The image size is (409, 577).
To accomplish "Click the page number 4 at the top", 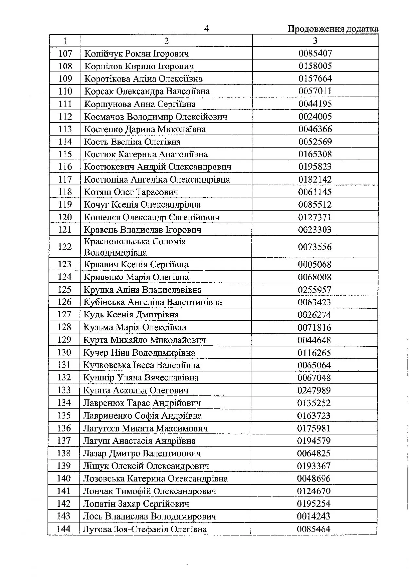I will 206,29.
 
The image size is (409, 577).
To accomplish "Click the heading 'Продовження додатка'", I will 333,29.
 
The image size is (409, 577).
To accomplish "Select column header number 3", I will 315,41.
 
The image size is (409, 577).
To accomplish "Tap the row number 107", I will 65,53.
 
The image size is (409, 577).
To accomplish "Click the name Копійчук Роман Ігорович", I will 136,53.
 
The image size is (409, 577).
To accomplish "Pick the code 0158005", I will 315,66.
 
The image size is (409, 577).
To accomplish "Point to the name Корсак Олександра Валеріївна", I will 147,91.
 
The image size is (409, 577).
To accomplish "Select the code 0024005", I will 315,116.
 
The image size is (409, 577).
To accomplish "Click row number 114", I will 65,142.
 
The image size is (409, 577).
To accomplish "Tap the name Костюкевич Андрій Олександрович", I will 158,167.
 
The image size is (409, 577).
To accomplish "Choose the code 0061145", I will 315,192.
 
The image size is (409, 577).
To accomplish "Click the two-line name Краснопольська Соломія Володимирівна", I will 135,247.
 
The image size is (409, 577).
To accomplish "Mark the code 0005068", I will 314,264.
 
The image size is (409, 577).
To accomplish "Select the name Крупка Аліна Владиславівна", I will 142,290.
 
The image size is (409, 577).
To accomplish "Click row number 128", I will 64,327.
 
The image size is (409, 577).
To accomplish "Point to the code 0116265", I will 314,353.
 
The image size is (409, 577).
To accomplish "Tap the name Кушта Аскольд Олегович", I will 136,390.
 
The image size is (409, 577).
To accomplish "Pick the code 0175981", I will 314,428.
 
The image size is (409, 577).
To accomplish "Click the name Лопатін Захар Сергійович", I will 136,504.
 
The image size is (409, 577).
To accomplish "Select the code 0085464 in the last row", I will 313,529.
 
